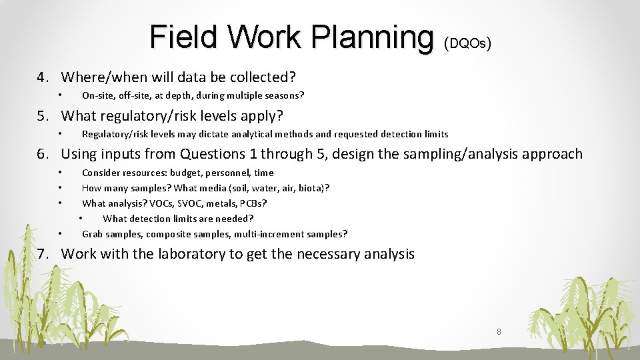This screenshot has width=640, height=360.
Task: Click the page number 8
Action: pos(499,331)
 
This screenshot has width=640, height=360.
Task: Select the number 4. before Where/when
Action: pos(43,78)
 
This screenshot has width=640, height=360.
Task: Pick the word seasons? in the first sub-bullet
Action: pos(283,95)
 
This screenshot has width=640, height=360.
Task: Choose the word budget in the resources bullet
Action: pos(189,173)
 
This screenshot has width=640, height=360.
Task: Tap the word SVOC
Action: pos(190,203)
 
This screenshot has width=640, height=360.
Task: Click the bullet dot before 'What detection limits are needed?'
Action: pos(81,219)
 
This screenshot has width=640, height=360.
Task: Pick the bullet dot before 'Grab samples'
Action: pos(60,234)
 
